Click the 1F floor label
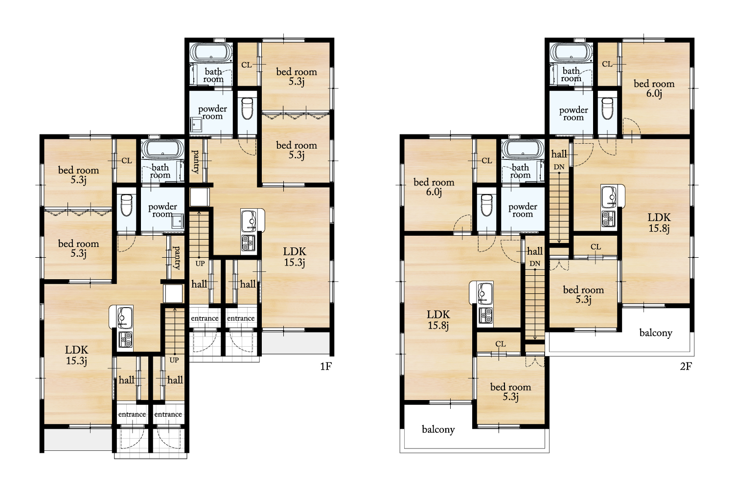point(326,366)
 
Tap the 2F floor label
point(686,366)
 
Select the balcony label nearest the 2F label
point(656,333)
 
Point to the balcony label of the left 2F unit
point(438,429)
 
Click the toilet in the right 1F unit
point(247,109)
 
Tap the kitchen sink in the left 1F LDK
point(124,317)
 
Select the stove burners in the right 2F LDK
point(608,219)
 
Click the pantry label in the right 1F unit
point(195,162)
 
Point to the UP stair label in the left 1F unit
point(174,360)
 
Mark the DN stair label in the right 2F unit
point(559,167)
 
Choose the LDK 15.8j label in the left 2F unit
point(438,320)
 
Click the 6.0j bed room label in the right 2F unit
point(654,89)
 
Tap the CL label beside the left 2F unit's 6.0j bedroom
point(486,160)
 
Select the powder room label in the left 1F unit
point(162,210)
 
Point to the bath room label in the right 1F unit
point(213,75)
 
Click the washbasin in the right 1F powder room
point(196,125)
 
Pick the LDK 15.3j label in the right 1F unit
point(295,257)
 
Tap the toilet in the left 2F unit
point(486,205)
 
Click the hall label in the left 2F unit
point(535,251)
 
